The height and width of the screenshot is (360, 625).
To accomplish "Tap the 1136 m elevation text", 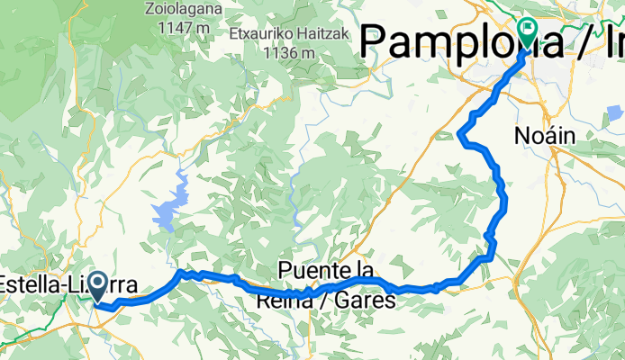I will [x=289, y=51].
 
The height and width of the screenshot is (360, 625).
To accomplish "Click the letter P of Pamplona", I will [x=375, y=40].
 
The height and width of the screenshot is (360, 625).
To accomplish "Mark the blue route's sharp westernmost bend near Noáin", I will [x=461, y=137].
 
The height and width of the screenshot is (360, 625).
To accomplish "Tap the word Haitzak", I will [x=306, y=34].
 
